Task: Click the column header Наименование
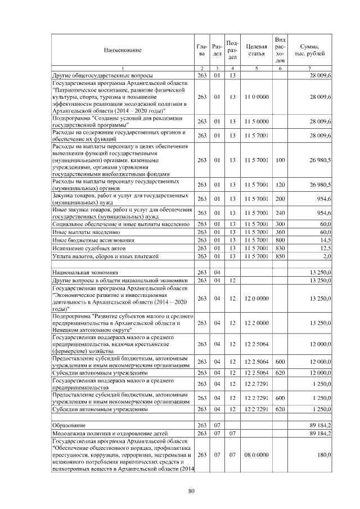122,50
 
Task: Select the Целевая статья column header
256,50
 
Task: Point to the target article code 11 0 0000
256,97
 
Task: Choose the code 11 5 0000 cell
256,121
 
